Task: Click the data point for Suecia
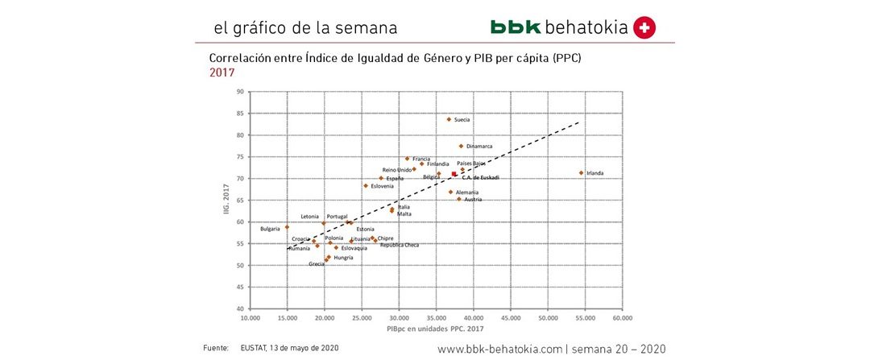point(449,119)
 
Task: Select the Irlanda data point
point(581,172)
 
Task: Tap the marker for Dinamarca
point(461,146)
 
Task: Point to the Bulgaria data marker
point(287,227)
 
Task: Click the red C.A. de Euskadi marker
point(454,174)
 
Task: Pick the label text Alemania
point(467,192)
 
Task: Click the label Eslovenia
point(383,186)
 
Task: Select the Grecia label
point(317,264)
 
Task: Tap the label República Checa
point(400,245)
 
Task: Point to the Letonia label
point(310,216)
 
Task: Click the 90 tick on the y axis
point(240,92)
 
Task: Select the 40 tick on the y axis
point(240,308)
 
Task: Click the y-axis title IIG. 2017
point(228,201)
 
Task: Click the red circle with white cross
point(644,27)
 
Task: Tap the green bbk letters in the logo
point(516,27)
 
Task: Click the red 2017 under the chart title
point(222,72)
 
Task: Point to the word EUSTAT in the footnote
point(255,347)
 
